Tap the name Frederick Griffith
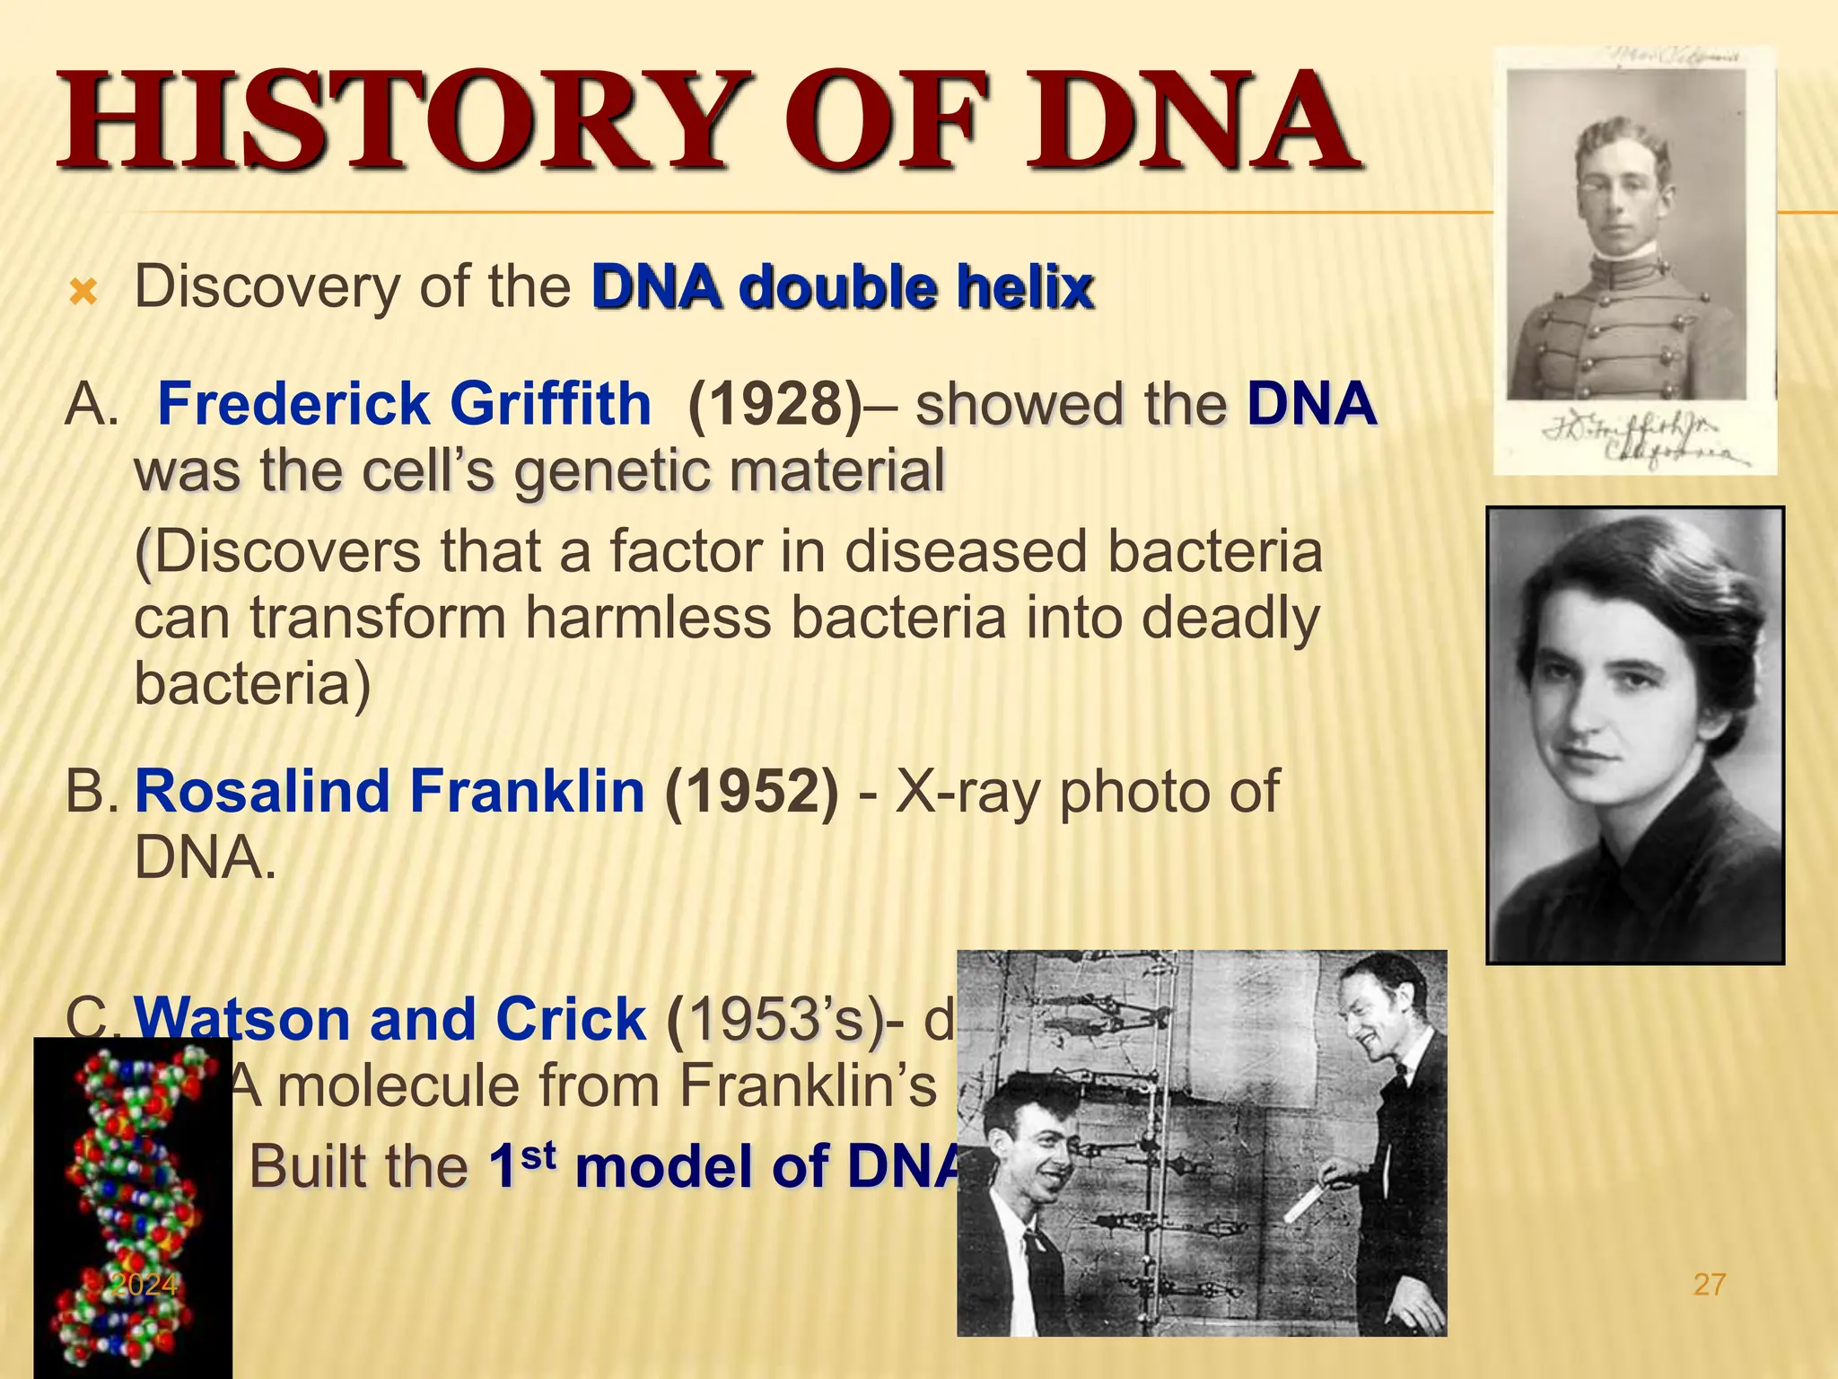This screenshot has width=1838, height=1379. [404, 403]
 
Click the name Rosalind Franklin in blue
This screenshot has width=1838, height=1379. [389, 791]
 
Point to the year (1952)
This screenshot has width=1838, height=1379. [752, 791]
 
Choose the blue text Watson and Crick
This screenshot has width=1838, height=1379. [389, 1019]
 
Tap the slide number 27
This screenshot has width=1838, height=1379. [1709, 1285]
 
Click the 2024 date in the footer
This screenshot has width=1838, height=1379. [144, 1285]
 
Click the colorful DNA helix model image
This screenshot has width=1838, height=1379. [133, 1203]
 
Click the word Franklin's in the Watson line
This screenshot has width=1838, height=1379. [808, 1086]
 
